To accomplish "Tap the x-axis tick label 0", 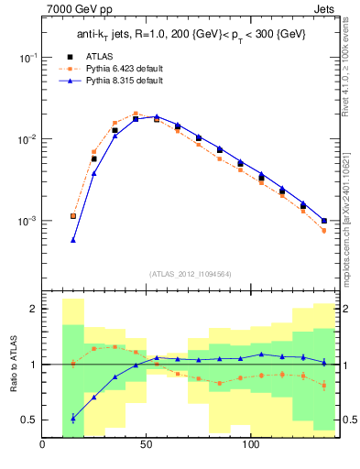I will pyautogui.click(x=42, y=445).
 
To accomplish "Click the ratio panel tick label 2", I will pyautogui.click(x=32, y=310).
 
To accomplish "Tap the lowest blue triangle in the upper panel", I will pyautogui.click(x=73, y=240).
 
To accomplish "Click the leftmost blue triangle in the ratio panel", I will pyautogui.click(x=73, y=418).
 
